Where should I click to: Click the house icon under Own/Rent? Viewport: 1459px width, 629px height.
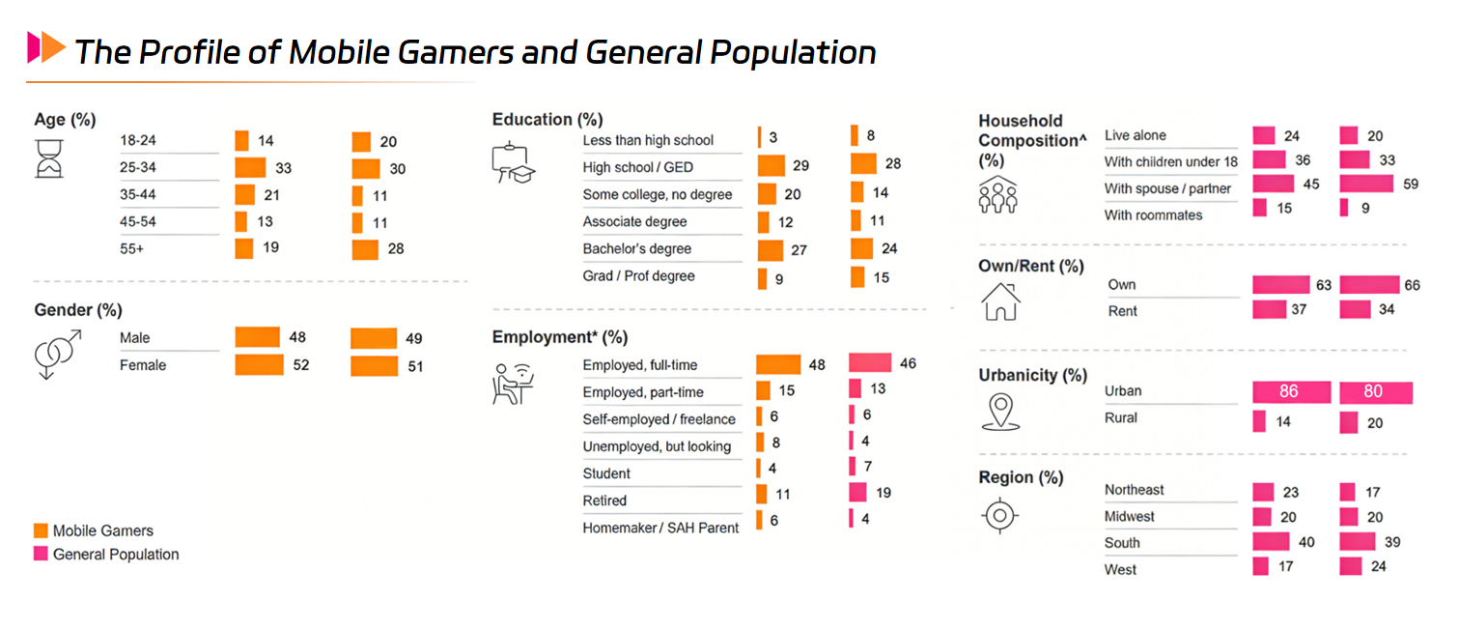pyautogui.click(x=1000, y=300)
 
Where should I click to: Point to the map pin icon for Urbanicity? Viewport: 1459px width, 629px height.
pyautogui.click(x=999, y=411)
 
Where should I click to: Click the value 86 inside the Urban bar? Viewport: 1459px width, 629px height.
pyautogui.click(x=1288, y=392)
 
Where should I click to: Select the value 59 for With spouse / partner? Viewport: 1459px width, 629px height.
pyautogui.click(x=1410, y=184)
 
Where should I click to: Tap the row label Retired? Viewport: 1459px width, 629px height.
pyautogui.click(x=604, y=500)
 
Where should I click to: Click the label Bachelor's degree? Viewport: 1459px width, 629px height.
pyautogui.click(x=636, y=248)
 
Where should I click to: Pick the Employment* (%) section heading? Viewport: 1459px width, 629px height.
pyautogui.click(x=559, y=337)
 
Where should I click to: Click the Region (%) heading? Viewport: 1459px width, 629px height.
pyautogui.click(x=1021, y=477)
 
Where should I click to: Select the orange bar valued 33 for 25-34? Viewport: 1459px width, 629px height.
pyautogui.click(x=250, y=168)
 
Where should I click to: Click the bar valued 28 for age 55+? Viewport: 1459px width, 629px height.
pyautogui.click(x=365, y=249)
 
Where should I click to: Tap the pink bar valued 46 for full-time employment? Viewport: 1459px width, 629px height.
pyautogui.click(x=869, y=363)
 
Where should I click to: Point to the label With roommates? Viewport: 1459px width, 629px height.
pyautogui.click(x=1153, y=214)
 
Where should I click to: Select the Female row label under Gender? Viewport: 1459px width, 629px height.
pyautogui.click(x=143, y=365)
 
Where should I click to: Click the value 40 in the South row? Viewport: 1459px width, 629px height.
pyautogui.click(x=1305, y=542)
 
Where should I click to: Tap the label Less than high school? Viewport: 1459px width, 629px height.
pyautogui.click(x=648, y=140)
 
